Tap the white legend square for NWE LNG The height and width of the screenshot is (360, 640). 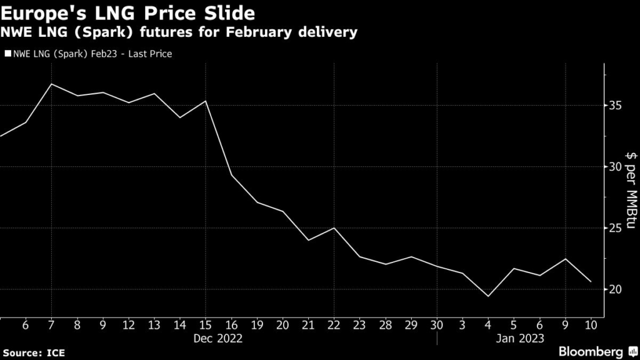[x=7, y=54]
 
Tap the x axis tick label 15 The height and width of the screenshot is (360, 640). [x=206, y=325]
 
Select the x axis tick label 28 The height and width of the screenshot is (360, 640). [x=386, y=325]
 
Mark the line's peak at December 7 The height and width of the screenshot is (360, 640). [x=51, y=84]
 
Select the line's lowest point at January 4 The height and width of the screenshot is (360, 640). [x=488, y=296]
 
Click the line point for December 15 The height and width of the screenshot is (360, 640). [x=206, y=101]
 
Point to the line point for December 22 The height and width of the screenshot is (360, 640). [x=334, y=227]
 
